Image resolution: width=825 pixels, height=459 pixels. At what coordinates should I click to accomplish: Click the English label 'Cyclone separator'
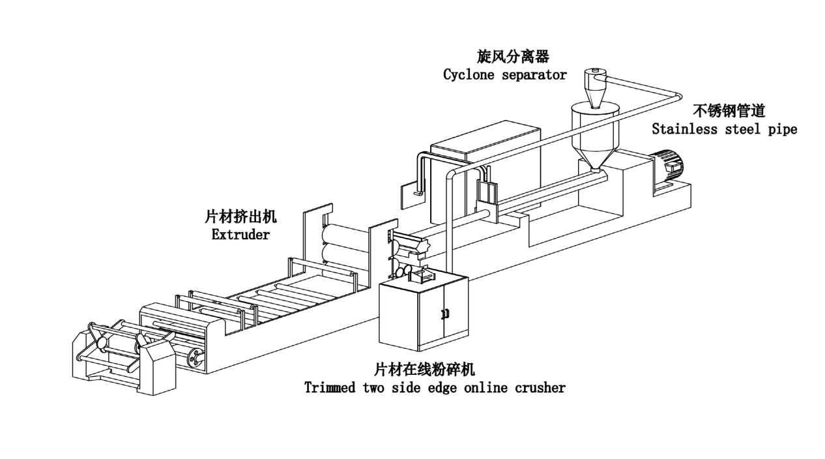(x=504, y=74)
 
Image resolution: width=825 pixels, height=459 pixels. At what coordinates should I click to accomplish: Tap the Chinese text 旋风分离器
(x=504, y=57)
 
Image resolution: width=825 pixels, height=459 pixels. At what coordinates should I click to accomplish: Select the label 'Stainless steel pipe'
(x=724, y=129)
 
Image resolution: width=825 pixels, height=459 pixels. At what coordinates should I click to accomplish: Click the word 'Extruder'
(x=240, y=235)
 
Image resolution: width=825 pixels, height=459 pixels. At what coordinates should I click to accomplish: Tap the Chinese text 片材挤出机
(x=240, y=217)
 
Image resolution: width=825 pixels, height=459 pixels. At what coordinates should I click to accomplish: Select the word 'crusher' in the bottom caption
(x=540, y=387)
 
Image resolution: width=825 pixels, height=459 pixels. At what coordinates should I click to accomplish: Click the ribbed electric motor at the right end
(x=666, y=166)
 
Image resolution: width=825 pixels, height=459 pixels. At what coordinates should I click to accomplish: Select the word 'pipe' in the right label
(x=782, y=129)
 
